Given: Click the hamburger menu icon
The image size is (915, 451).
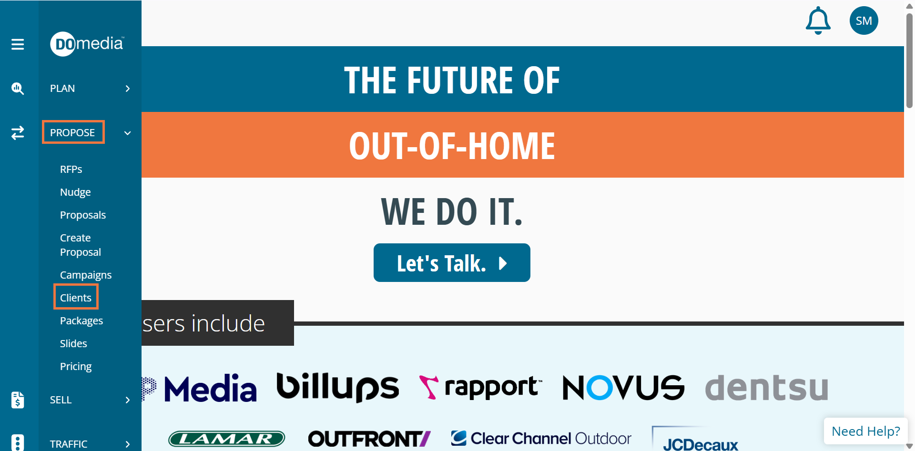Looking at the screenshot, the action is [18, 44].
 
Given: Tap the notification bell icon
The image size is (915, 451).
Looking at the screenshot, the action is [818, 20].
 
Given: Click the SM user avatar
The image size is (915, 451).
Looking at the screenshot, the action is [864, 20].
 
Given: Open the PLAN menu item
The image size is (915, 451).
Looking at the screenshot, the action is [62, 89].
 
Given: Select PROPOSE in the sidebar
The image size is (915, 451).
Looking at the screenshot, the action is [72, 132].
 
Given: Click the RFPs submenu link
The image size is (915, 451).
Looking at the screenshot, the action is [71, 170].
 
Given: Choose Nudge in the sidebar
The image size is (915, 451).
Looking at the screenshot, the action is [75, 192].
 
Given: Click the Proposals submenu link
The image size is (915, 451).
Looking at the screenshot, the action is [83, 215].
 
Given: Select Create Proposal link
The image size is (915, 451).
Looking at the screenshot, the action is [81, 245].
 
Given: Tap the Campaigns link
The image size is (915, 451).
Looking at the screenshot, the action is [86, 275].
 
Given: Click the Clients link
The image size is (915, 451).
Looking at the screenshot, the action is [76, 298].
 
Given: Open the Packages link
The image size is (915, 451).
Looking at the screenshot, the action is [81, 321].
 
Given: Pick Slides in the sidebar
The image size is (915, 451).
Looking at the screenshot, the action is [73, 343].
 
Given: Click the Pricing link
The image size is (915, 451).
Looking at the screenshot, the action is [76, 367].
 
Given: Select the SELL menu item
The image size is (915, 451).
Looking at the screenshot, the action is [61, 400].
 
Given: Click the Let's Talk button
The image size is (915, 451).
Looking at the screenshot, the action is [452, 263].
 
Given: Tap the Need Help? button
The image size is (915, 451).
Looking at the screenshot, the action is [865, 431].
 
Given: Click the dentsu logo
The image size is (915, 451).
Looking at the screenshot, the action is [766, 387].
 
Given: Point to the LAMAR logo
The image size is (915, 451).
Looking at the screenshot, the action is [226, 439].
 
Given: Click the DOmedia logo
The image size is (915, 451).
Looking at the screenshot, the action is [87, 44].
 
